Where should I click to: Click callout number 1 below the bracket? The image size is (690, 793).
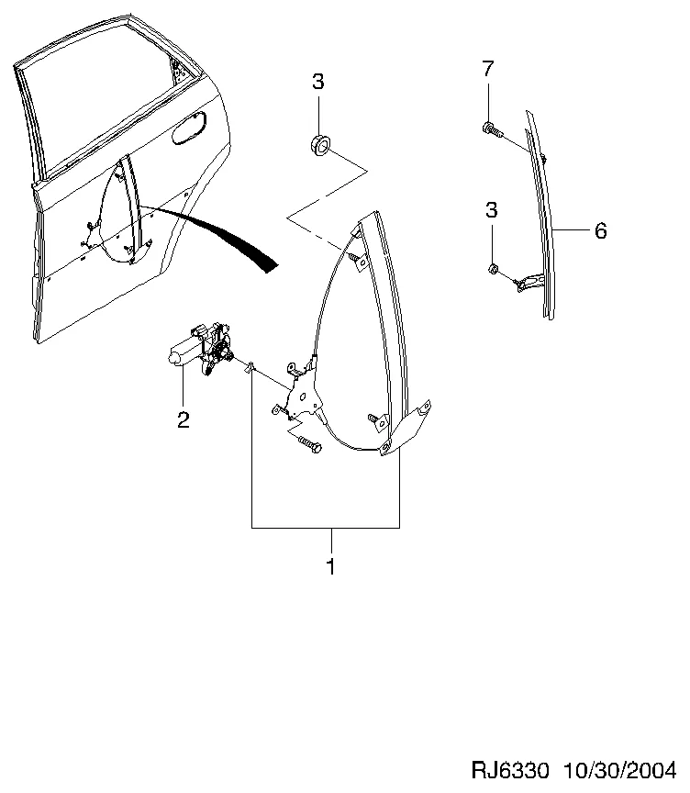click(330, 566)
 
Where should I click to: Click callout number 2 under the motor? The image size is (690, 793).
click(183, 419)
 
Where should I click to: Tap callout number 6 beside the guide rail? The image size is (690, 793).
click(600, 231)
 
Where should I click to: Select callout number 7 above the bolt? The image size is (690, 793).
click(487, 68)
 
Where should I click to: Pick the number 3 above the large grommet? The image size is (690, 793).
click(318, 82)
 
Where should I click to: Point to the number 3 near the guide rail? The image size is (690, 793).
click(491, 209)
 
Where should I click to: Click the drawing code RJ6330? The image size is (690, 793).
click(509, 770)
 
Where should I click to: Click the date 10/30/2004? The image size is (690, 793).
click(619, 770)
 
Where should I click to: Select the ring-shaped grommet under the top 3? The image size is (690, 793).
click(319, 144)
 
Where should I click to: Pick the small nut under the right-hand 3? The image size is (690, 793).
click(493, 269)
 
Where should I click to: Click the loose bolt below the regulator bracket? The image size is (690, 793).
click(309, 444)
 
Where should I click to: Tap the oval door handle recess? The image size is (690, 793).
click(189, 128)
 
